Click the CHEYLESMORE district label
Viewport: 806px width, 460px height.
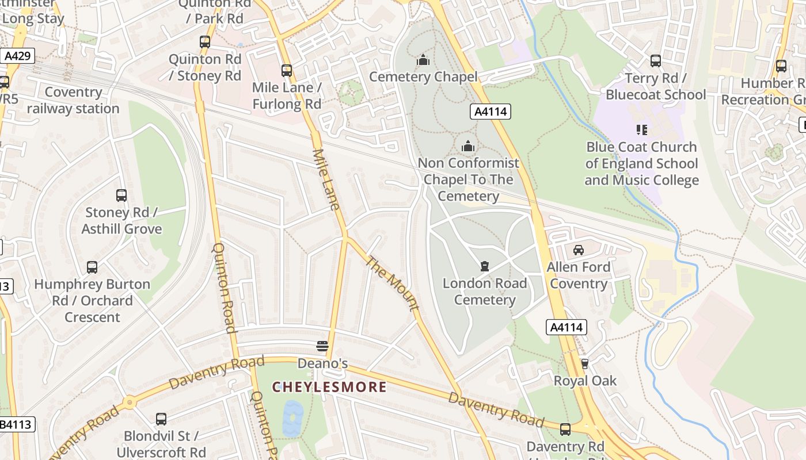(329, 387)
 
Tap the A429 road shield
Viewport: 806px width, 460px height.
(17, 56)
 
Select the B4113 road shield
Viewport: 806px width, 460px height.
(17, 425)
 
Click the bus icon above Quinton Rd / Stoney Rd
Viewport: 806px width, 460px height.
(205, 42)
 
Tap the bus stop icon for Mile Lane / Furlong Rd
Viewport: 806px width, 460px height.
(287, 71)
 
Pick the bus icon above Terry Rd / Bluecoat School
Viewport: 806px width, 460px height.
(655, 61)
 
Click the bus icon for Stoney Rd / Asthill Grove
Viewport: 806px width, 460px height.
(121, 195)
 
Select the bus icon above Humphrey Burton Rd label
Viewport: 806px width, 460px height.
(92, 267)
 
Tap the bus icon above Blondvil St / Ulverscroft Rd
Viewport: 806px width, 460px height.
(161, 419)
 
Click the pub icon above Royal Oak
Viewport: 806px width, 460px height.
(585, 364)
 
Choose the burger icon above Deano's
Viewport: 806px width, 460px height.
(322, 346)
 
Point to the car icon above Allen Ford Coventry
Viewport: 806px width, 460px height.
(579, 250)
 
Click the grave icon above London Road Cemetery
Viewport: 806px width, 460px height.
(485, 266)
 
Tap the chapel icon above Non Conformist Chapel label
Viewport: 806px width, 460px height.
(468, 146)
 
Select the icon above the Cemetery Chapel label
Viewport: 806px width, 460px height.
(423, 60)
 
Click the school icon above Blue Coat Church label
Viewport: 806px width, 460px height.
(642, 130)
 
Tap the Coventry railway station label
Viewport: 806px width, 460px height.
(73, 100)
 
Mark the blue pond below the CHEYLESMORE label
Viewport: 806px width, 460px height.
(293, 418)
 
